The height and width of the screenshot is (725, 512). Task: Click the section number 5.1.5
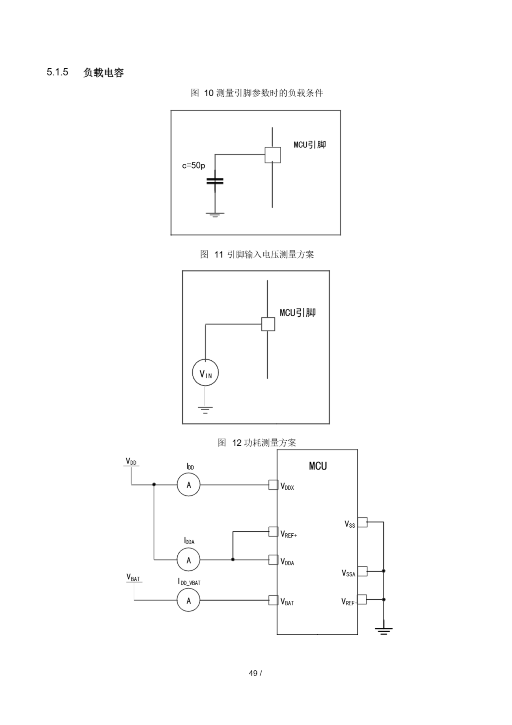tap(57, 72)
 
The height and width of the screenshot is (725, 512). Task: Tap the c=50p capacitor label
tap(193, 165)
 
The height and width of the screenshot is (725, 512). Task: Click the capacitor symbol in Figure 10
tap(215, 181)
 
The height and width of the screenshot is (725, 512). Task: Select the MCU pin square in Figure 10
tap(273, 155)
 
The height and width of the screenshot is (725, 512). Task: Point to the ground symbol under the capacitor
tap(215, 215)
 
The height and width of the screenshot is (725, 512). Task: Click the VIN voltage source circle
tap(205, 373)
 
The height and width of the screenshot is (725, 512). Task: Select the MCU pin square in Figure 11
tap(268, 324)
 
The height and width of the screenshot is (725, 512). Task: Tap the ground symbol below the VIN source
tap(205, 410)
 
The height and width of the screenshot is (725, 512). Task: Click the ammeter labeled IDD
tap(189, 485)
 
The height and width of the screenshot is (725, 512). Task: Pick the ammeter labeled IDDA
tap(189, 560)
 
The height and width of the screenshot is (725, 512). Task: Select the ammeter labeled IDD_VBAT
tap(189, 600)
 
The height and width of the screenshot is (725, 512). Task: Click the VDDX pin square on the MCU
tap(273, 485)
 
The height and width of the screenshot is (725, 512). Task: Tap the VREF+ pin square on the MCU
tap(273, 532)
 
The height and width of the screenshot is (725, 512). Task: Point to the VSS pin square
tap(362, 522)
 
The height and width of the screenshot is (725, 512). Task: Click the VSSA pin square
tap(362, 571)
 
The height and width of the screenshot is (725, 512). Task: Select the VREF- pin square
tap(362, 599)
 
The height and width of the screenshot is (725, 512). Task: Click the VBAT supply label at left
tap(133, 577)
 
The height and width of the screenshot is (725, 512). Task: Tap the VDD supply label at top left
tap(131, 462)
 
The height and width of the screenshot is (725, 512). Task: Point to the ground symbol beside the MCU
tap(384, 631)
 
